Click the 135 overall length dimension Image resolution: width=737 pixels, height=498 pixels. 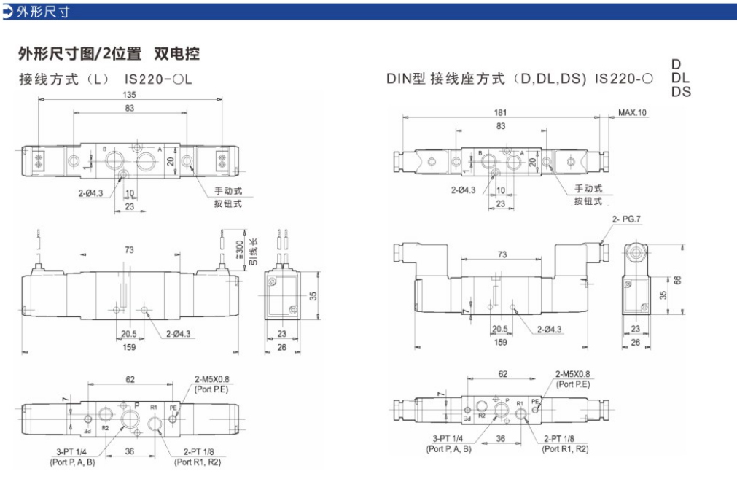(x=130, y=95)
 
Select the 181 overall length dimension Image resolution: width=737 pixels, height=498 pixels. (x=500, y=113)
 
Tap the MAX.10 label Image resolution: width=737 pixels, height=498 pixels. (x=632, y=113)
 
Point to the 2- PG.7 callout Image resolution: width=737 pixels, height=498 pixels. (x=628, y=218)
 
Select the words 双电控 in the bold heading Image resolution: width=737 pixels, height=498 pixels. (x=176, y=54)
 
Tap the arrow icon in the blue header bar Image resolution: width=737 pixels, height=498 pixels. (x=8, y=11)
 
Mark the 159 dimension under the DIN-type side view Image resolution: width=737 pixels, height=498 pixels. (x=501, y=342)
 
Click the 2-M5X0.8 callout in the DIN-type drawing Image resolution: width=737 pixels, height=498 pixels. (x=573, y=374)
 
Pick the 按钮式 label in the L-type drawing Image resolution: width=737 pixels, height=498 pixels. (x=227, y=203)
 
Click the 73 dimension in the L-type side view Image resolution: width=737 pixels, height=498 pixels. (x=129, y=250)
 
